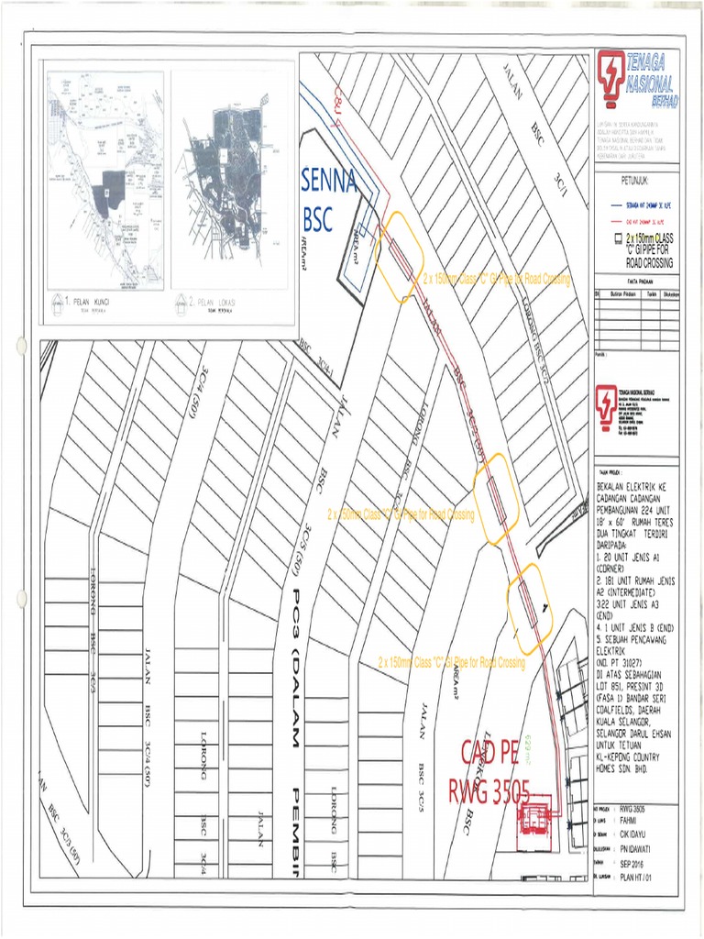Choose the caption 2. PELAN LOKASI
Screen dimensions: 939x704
point(212,301)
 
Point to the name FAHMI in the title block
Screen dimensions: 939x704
point(631,823)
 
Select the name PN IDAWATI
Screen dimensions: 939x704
point(640,850)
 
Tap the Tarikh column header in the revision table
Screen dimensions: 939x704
point(652,293)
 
